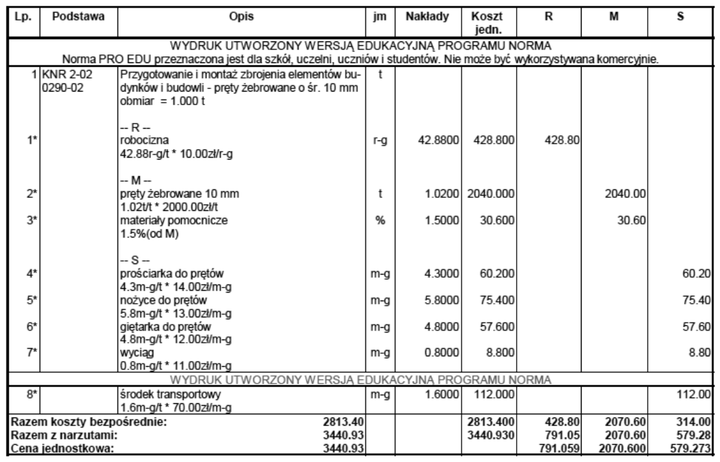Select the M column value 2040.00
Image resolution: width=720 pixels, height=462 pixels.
[x=627, y=195]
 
